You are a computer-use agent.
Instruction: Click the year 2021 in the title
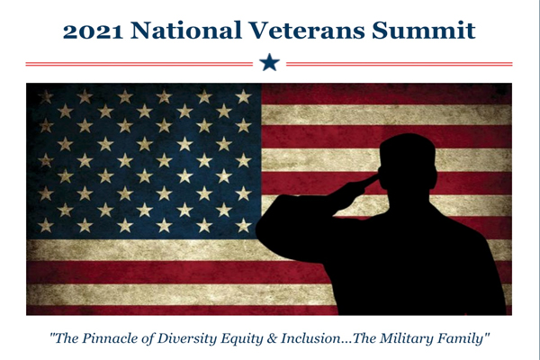[93, 31]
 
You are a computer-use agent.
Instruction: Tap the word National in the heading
[186, 31]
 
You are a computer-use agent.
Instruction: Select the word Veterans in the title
[307, 31]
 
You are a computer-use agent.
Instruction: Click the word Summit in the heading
[424, 31]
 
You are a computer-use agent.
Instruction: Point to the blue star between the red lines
[269, 63]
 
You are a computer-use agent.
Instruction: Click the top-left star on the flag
[46, 97]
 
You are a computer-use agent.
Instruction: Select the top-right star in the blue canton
[244, 97]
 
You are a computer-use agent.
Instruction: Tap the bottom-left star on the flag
[46, 226]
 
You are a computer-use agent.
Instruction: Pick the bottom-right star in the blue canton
[244, 226]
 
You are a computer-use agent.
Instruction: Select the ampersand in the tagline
[272, 338]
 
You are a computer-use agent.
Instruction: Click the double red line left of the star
[139, 64]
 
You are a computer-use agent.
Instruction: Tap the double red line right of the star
[400, 64]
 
